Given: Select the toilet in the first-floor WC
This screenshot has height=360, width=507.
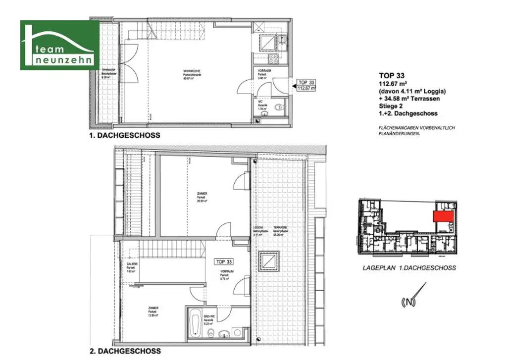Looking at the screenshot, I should [x=278, y=106].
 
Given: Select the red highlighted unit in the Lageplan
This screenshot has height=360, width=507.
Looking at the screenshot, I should [x=444, y=216].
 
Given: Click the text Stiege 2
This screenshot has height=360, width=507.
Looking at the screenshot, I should [x=391, y=106].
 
